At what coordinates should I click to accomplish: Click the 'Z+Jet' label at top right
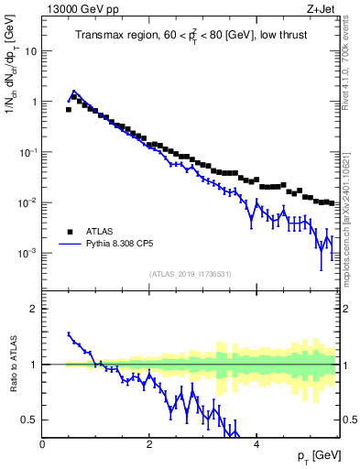point(321,10)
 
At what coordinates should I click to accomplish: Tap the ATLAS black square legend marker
point(69,232)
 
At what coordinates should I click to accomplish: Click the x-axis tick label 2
point(149,444)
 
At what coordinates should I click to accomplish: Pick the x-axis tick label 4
point(256,444)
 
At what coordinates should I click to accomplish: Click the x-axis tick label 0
point(43,444)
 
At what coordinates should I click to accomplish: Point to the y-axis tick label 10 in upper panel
point(30,51)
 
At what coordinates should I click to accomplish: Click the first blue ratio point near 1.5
point(69,334)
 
